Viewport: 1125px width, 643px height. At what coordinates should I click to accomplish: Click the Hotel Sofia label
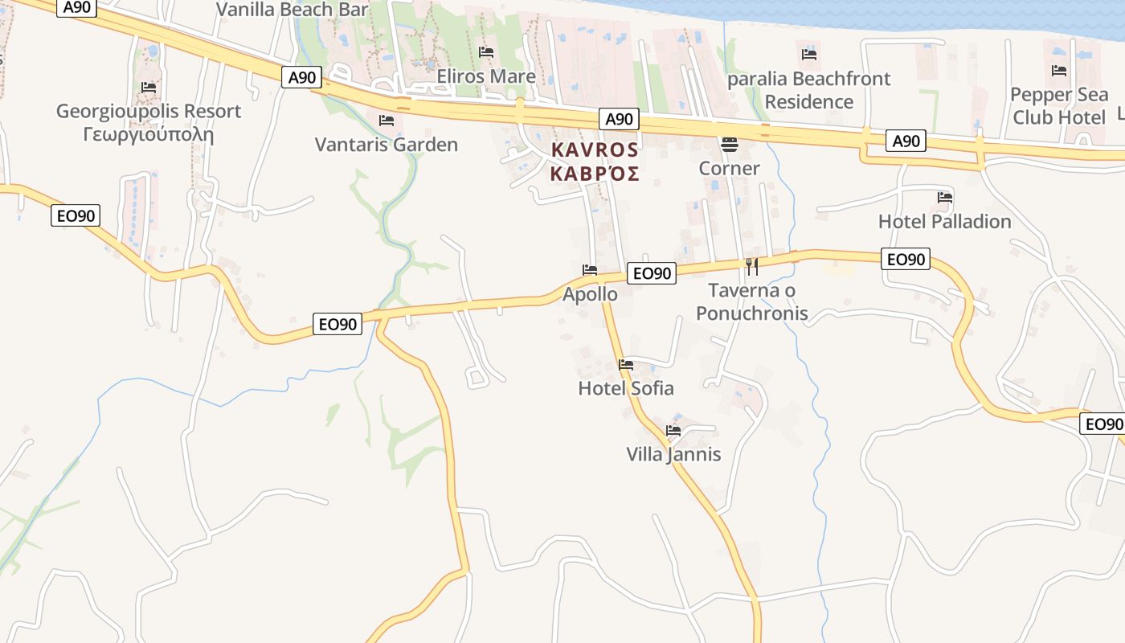tap(626, 388)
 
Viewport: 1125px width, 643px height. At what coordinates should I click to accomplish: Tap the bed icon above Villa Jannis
tap(673, 431)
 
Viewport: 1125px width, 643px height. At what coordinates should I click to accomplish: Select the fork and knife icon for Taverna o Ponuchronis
tap(752, 266)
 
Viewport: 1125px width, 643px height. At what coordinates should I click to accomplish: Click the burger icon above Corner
tap(730, 145)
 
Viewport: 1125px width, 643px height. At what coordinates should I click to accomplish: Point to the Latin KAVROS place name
tap(595, 150)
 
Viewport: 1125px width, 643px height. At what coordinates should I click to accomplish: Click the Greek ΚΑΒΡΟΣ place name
tap(595, 174)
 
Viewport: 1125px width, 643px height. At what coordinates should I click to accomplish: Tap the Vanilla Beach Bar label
tap(292, 10)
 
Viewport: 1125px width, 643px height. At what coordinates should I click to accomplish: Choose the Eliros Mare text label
tap(485, 76)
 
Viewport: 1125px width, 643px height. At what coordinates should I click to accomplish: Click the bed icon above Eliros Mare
tap(485, 52)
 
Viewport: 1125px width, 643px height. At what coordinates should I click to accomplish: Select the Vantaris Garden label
tap(386, 145)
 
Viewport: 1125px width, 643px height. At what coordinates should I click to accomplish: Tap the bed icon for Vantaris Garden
tap(386, 121)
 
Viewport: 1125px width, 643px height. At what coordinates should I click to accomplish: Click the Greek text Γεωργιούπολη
tap(148, 134)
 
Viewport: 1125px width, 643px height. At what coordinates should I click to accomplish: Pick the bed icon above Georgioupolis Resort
tap(148, 87)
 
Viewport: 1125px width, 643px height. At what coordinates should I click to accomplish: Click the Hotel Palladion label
tap(944, 221)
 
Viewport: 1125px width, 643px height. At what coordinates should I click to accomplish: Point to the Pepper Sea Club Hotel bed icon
tap(1059, 71)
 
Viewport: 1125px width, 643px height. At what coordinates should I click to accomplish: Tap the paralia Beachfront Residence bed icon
tap(809, 55)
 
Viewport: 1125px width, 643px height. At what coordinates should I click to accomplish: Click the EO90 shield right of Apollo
tap(651, 273)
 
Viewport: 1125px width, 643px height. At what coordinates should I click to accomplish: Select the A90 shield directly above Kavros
tap(619, 120)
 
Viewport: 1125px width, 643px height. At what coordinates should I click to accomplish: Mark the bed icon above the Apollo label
tap(590, 269)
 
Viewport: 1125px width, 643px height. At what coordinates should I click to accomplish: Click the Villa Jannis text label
tap(673, 454)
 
